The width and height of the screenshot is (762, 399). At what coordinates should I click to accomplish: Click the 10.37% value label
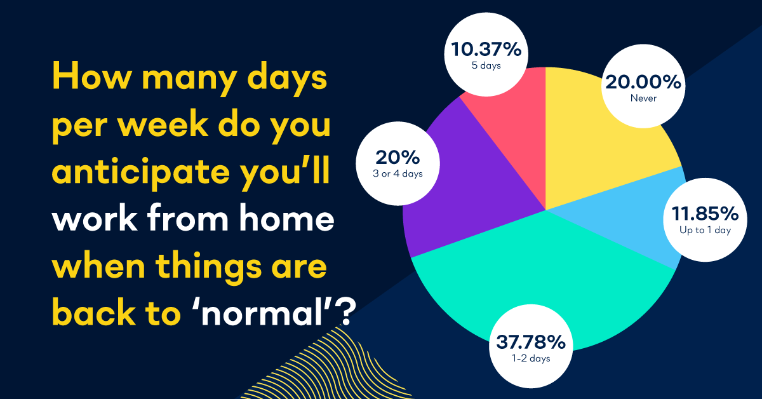click(486, 50)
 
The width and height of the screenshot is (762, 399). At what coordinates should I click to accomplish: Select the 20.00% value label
click(643, 83)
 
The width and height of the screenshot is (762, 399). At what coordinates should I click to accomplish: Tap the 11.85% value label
click(705, 214)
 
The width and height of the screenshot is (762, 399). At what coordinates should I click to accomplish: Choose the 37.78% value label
click(531, 342)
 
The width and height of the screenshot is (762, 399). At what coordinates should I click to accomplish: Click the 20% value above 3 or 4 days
click(398, 158)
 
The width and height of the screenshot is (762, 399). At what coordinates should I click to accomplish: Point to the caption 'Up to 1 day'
click(705, 231)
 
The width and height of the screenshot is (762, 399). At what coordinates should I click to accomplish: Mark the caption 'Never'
click(643, 98)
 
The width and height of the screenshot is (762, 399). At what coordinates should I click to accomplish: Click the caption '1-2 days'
click(531, 358)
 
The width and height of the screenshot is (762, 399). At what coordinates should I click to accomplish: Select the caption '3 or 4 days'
click(398, 174)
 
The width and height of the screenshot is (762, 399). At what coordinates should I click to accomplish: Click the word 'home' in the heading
click(287, 218)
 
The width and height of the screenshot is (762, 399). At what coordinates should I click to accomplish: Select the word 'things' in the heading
click(208, 268)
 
